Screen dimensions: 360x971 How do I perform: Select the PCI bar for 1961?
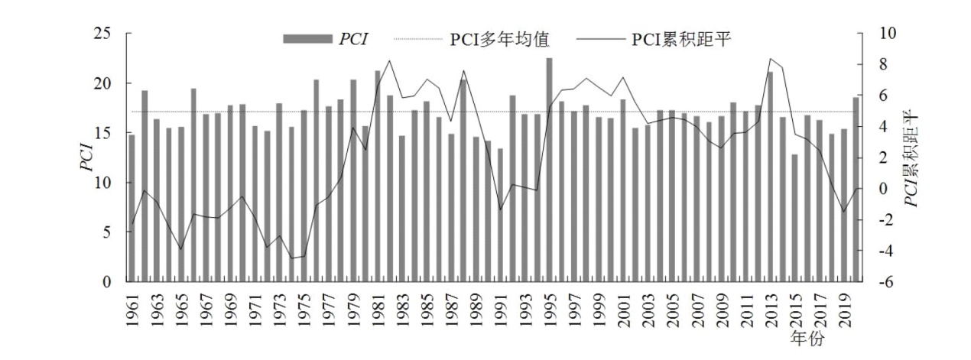pyautogui.click(x=132, y=208)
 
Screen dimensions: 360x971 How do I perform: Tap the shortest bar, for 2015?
pyautogui.click(x=795, y=218)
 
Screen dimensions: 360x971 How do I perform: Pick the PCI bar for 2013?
pyautogui.click(x=770, y=177)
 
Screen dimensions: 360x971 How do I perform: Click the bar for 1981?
pyautogui.click(x=378, y=177)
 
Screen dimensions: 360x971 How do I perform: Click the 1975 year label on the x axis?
pyautogui.click(x=304, y=313)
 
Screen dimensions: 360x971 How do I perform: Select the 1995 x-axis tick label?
pyautogui.click(x=549, y=313)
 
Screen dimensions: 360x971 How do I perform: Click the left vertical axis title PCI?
pyautogui.click(x=86, y=158)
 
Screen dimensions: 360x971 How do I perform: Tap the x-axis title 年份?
pyautogui.click(x=810, y=339)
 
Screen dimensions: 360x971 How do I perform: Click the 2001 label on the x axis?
pyautogui.click(x=622, y=313)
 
